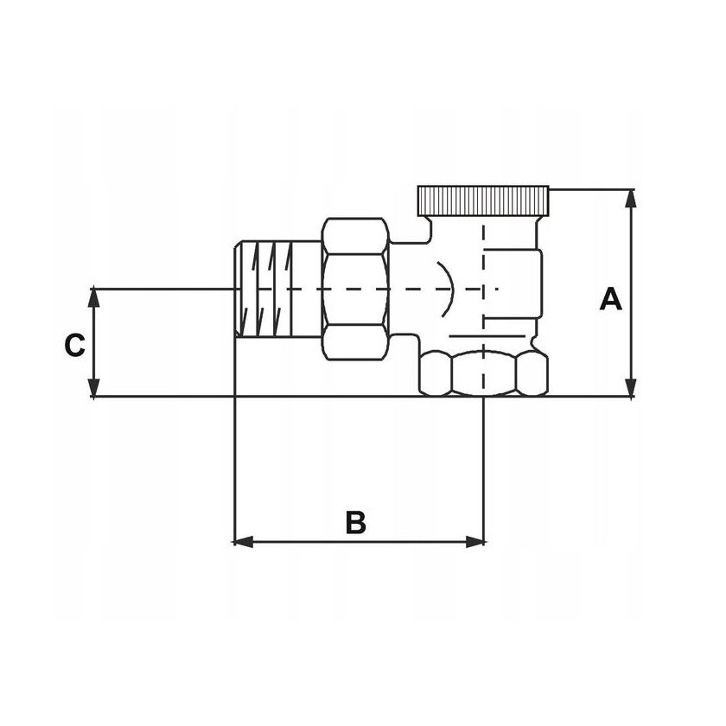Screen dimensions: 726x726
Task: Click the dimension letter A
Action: [x=611, y=301]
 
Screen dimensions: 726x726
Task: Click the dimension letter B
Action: [x=356, y=523]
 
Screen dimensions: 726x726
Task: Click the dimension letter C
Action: [x=75, y=345]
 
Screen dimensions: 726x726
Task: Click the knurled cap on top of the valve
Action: [x=483, y=201]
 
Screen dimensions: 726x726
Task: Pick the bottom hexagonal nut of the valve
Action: [x=483, y=373]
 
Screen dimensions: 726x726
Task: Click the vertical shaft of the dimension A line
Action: [x=633, y=259]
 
